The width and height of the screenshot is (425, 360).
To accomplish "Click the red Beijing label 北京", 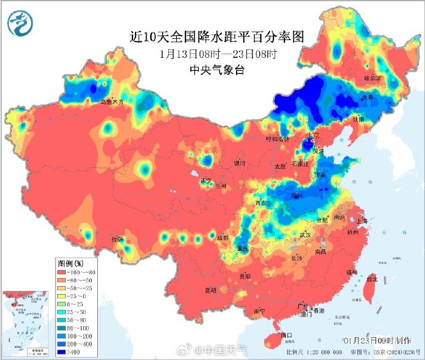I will [x=312, y=136].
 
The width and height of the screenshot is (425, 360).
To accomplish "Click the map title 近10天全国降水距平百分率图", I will [x=217, y=36].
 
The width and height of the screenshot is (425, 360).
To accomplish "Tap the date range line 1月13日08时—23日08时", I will [x=217, y=54].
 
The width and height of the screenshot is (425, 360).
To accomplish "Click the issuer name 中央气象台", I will [x=217, y=70].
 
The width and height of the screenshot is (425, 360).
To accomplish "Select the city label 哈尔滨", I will [x=373, y=78].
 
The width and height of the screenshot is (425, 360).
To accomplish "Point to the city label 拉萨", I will [x=117, y=239].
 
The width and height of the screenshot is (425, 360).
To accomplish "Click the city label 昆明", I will [x=211, y=290].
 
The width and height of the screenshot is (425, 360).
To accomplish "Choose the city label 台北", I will [x=371, y=279].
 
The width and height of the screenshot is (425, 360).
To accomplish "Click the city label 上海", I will [x=362, y=221].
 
